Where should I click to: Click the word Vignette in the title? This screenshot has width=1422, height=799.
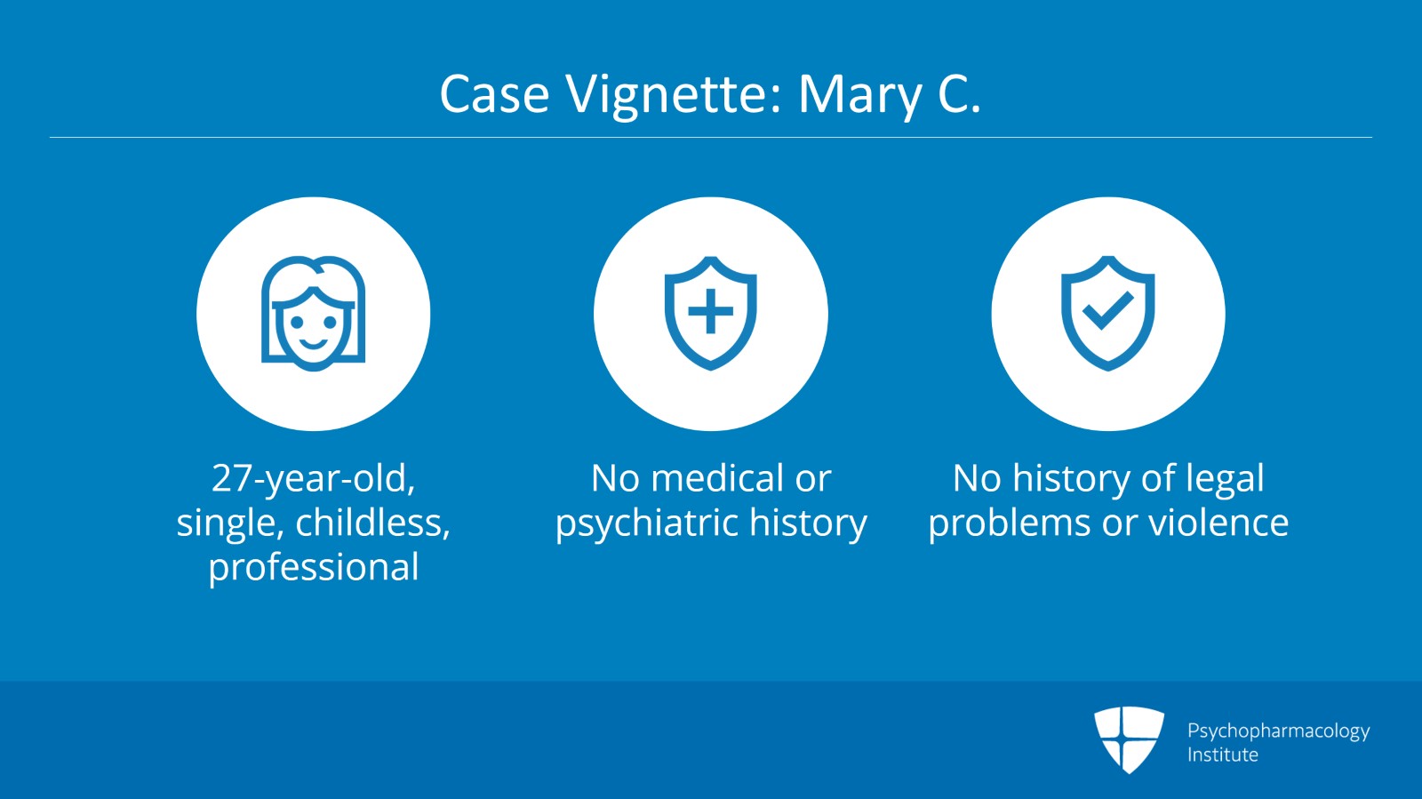tap(674, 95)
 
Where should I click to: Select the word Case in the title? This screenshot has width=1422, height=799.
tap(494, 94)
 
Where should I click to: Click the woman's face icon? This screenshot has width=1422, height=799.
tap(314, 314)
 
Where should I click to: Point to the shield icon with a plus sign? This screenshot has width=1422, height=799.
tap(710, 314)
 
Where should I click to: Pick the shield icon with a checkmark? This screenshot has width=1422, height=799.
tap(1107, 314)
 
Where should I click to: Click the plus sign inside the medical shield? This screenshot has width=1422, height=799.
tap(710, 311)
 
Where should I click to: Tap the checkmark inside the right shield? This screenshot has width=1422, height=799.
tap(1107, 310)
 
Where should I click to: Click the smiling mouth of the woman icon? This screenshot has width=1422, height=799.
tap(314, 344)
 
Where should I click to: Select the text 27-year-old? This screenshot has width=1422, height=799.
tap(314, 478)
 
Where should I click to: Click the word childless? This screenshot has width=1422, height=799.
tap(373, 523)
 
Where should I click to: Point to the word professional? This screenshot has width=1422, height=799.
tap(314, 567)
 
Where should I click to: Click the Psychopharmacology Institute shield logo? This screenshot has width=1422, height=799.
tap(1129, 739)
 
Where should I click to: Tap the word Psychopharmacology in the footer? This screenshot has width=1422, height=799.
tap(1279, 731)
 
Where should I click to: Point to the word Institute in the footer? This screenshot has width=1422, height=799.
tap(1223, 755)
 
